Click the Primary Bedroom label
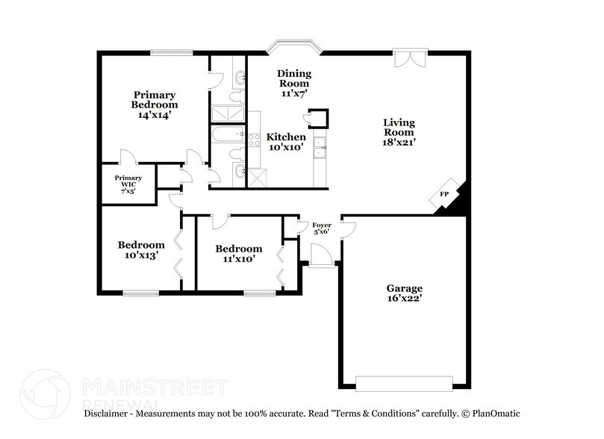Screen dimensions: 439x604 pos(155,100)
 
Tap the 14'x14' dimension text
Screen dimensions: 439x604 pos(155,116)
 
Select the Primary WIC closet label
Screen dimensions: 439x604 pos(128,182)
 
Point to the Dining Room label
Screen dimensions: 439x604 pos(293,78)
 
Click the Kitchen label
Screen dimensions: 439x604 pos(286,137)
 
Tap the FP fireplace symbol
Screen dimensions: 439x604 pos(444,194)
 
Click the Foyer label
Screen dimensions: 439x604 pos(321,225)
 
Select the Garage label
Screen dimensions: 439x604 pos(404,288)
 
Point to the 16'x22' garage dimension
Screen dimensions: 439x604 pos(404,299)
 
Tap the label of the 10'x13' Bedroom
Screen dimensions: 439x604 pos(141,245)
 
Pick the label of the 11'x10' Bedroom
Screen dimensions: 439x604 pos(238,249)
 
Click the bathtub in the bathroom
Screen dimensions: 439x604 pos(227,135)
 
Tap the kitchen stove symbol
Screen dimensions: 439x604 pos(254,138)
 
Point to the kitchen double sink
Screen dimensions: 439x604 pos(319,147)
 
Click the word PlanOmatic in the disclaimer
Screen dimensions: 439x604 pos(494,413)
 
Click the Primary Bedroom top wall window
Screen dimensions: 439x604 pos(172,52)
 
